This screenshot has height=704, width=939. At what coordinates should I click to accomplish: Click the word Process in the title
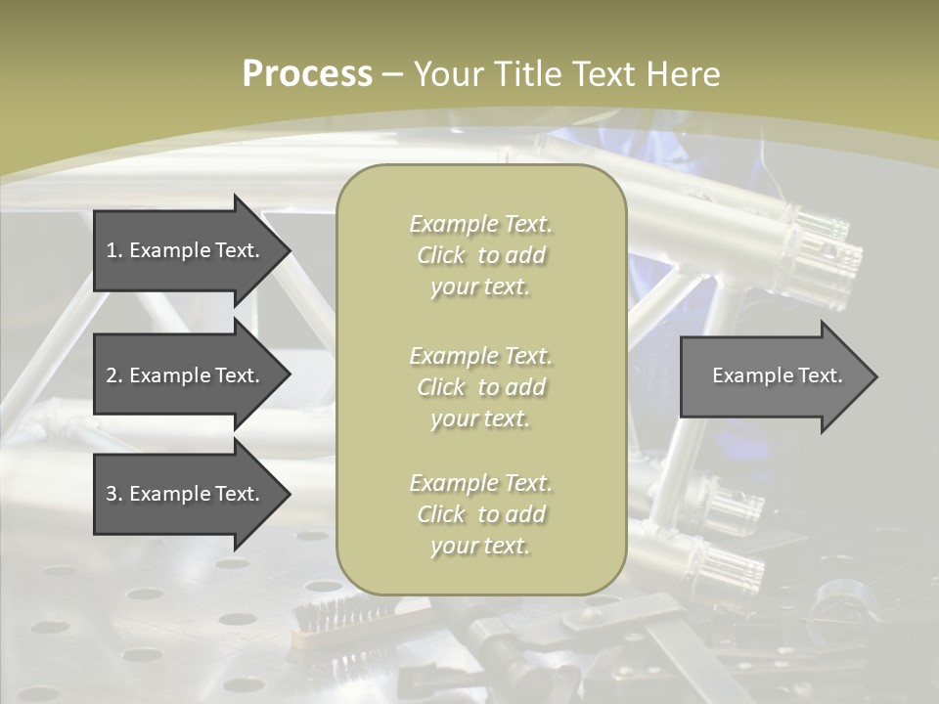(307, 74)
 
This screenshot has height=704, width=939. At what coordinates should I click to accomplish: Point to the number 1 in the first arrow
(112, 250)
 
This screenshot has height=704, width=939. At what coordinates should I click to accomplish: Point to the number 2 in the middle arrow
(112, 375)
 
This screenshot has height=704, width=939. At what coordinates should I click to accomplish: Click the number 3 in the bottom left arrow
(112, 494)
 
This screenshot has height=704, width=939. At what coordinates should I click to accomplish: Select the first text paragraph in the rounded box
(480, 255)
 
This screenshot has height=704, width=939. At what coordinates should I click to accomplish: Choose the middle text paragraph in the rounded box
(480, 387)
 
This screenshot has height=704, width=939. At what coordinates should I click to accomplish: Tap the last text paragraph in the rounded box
(480, 514)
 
